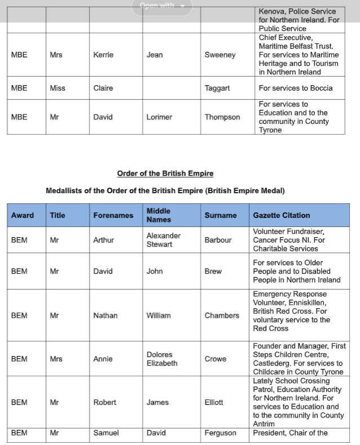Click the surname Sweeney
coord(220,55)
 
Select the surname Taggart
coord(217,88)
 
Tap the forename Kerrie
coord(103,55)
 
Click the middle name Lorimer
coord(159,117)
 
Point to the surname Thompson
coord(222,117)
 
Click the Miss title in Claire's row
coord(57,88)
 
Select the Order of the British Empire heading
coord(165,173)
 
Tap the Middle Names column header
coord(158,215)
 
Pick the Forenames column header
coord(113,215)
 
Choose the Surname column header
coord(220,215)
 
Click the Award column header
coord(23,215)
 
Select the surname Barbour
coord(218,240)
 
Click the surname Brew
coord(213,271)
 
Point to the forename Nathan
coord(105,315)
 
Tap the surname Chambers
coord(222,315)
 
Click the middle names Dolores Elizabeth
coord(162,359)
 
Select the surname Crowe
coord(215,359)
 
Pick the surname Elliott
coord(214,402)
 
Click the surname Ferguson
coord(220,433)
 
